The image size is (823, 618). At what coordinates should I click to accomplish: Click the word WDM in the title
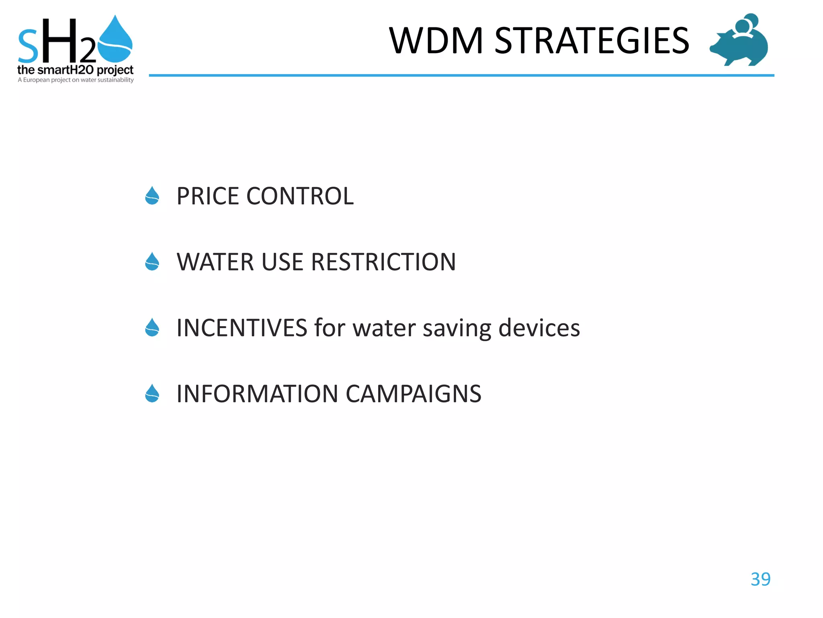(x=436, y=41)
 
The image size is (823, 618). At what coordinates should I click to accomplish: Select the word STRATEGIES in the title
(x=592, y=41)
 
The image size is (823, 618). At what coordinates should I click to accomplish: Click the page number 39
(x=760, y=579)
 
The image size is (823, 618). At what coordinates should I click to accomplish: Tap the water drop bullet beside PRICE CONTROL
(x=152, y=196)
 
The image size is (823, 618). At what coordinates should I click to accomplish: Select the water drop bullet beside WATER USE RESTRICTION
(x=152, y=262)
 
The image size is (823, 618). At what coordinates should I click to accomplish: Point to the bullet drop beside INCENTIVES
(x=152, y=328)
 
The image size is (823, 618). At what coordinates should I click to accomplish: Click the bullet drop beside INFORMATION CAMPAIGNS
(x=152, y=393)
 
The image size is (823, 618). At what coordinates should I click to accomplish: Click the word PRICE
(x=208, y=196)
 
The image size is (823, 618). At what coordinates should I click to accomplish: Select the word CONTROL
(x=300, y=196)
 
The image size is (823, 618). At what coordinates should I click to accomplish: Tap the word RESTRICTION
(x=383, y=262)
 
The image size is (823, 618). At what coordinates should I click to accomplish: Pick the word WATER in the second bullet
(x=215, y=262)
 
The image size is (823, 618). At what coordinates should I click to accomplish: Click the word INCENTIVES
(x=242, y=328)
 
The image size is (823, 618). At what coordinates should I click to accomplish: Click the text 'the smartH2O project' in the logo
(x=75, y=70)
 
